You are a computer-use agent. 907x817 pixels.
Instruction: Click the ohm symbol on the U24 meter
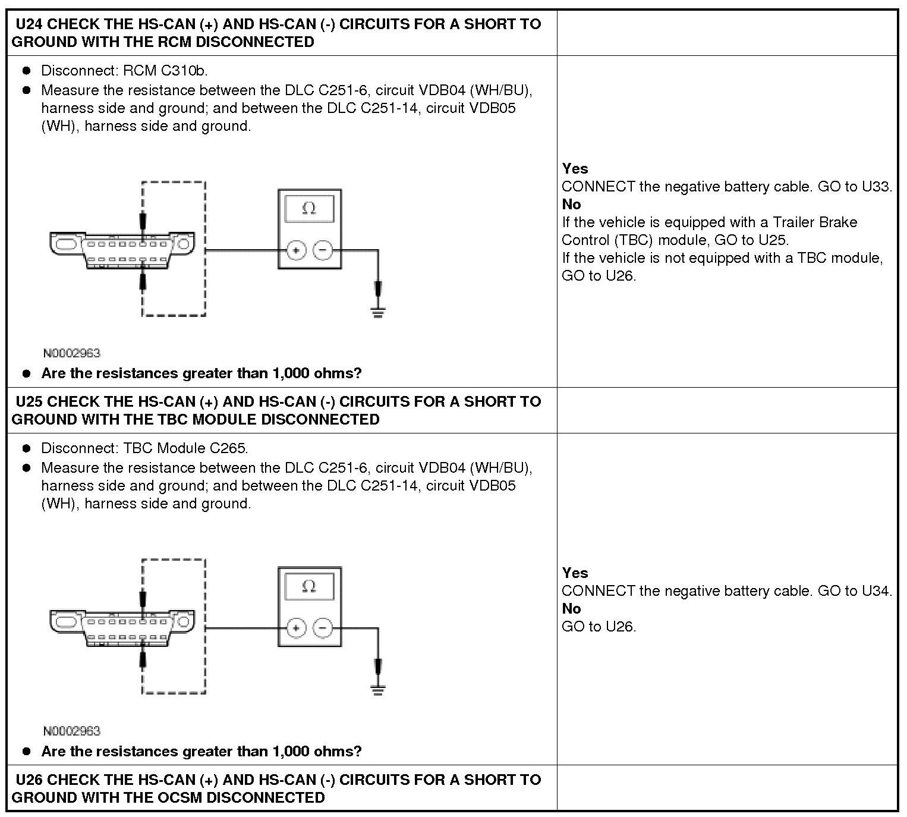tap(309, 208)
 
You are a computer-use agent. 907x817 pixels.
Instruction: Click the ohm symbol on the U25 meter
tap(309, 586)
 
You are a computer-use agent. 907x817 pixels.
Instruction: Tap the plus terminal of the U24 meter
tap(295, 250)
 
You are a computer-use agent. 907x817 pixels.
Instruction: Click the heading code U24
tap(29, 24)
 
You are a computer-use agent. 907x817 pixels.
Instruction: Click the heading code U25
tap(29, 402)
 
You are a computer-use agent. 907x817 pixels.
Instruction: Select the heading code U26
tap(29, 780)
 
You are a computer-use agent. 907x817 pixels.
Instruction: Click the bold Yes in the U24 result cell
tap(575, 169)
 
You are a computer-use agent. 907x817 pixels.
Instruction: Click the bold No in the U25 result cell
tap(571, 609)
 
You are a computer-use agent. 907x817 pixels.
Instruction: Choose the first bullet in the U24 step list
tap(26, 71)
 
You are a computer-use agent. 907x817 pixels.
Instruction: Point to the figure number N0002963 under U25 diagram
tap(72, 731)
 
